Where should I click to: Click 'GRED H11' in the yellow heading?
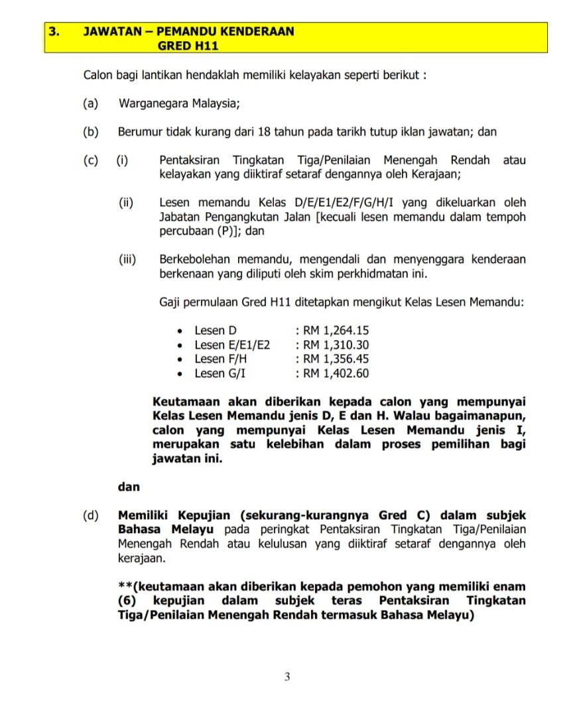coord(188,46)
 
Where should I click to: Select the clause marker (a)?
coord(91,103)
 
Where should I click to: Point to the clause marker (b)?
coord(91,132)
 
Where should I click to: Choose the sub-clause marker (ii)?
coord(126,203)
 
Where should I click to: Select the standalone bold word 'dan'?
coord(129,487)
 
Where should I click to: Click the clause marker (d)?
coord(91,516)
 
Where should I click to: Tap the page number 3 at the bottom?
coord(286,678)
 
